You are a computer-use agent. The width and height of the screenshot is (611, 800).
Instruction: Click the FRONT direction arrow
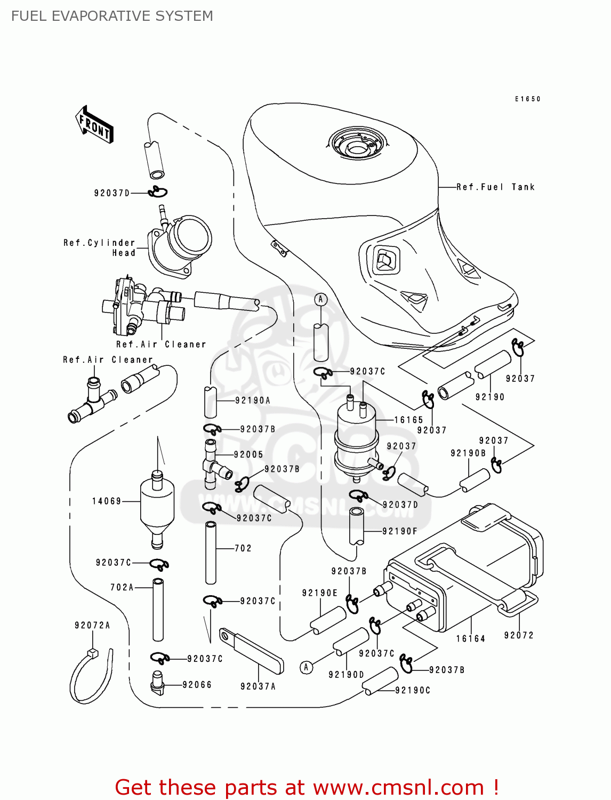point(95,125)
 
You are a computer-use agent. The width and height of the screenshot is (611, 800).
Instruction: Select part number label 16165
point(408,420)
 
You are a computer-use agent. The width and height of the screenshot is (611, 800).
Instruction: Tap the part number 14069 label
point(107,501)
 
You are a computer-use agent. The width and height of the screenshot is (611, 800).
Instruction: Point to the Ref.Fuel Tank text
point(495,187)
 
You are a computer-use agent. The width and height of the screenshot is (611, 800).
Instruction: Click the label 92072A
point(92,625)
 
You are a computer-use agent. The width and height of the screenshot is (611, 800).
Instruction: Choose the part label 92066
point(197,684)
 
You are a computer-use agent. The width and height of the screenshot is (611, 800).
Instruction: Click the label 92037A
point(258,686)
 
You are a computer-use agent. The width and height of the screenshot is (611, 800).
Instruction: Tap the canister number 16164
point(471,638)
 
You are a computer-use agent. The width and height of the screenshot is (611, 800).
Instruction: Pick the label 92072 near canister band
point(519,635)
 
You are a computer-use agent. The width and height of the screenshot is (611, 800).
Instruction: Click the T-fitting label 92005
point(248,454)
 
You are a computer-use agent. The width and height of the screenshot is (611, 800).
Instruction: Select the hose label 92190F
point(400,531)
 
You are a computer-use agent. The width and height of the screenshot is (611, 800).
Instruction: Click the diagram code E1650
point(528,99)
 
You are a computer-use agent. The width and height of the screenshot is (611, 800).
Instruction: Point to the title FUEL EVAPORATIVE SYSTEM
point(112,16)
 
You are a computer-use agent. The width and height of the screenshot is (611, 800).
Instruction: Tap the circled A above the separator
point(320,299)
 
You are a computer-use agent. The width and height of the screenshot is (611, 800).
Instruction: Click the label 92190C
point(413,690)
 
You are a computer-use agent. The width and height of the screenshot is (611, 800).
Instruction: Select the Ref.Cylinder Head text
point(100,247)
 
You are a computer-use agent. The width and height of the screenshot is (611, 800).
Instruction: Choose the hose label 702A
point(122,587)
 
